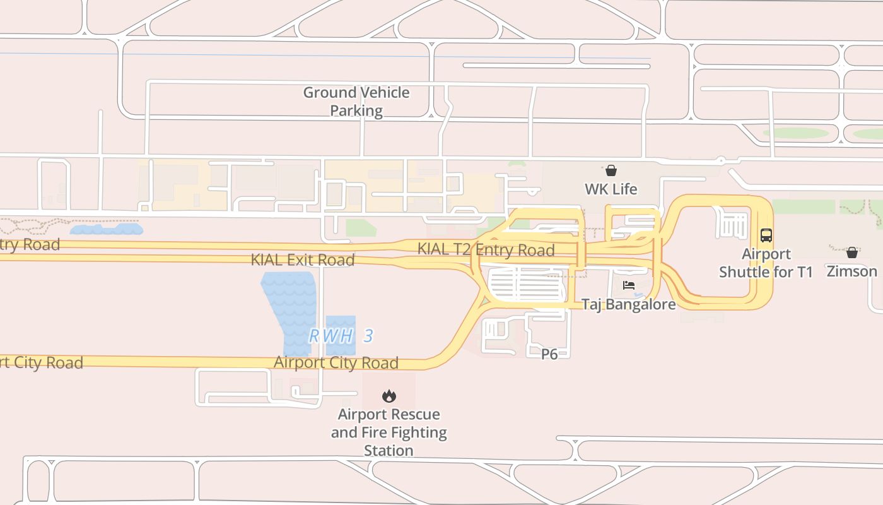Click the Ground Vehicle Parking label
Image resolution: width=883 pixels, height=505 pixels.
tap(356, 102)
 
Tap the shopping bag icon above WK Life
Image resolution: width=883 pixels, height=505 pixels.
tap(611, 170)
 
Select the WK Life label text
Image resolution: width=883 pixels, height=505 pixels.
tap(611, 189)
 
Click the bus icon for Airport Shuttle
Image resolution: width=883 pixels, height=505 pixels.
tap(766, 235)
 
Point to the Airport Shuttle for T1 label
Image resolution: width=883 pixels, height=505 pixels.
tap(766, 263)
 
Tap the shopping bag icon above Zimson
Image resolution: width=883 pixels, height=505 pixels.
tap(851, 252)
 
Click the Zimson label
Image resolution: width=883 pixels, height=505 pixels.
tap(851, 271)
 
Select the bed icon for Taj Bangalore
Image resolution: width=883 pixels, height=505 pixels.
tap(628, 285)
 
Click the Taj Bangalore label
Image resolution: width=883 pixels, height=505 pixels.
tap(628, 304)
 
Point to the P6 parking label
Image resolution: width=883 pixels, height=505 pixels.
tap(549, 354)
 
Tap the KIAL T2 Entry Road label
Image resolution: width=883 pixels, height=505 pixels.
tap(486, 250)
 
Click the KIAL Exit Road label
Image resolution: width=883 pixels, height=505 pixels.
tap(303, 259)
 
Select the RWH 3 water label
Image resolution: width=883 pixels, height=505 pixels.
tap(341, 336)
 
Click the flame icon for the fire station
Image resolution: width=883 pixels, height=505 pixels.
tap(389, 396)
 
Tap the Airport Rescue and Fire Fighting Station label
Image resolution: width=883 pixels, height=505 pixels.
tap(389, 432)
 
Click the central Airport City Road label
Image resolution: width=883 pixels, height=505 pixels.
tap(336, 363)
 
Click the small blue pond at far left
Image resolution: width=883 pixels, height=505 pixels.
tap(105, 229)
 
